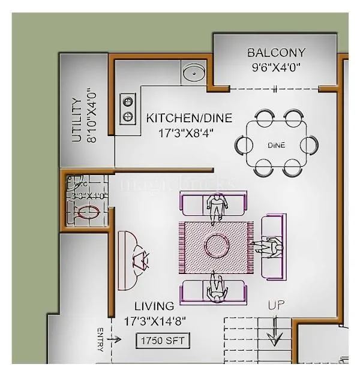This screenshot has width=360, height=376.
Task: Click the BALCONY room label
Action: coord(276,53)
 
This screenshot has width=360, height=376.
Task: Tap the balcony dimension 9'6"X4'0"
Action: coord(276,67)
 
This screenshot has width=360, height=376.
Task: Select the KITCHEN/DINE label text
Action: coord(189,118)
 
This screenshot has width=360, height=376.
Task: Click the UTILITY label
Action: coord(77,120)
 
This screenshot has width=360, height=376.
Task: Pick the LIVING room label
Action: coord(154,306)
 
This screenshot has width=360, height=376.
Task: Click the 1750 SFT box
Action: coord(163,341)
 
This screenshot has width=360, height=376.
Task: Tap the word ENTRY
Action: coord(101,339)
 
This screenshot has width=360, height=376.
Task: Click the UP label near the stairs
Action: coord(276,305)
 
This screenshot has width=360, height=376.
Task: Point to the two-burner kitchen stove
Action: coord(128,108)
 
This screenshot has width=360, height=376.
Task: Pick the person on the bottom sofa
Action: coord(214,287)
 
